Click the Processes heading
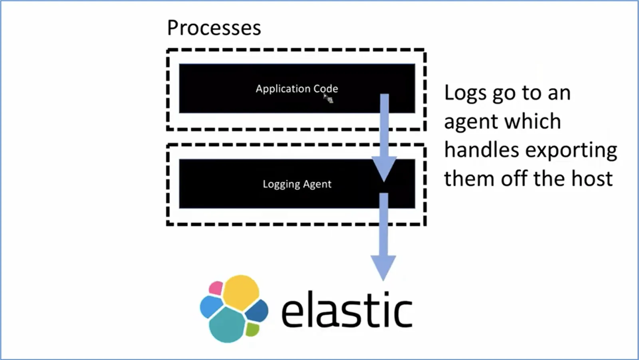click(214, 28)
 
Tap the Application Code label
click(297, 89)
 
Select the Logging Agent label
click(297, 184)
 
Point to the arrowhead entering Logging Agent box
click(384, 169)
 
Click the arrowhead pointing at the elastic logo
click(383, 268)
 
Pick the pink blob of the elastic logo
click(216, 288)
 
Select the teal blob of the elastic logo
click(227, 325)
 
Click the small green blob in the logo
click(252, 329)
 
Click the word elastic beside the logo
click(347, 310)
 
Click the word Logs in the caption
click(465, 93)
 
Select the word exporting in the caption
click(571, 151)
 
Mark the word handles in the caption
click(482, 149)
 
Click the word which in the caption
click(533, 121)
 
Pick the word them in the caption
click(469, 178)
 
